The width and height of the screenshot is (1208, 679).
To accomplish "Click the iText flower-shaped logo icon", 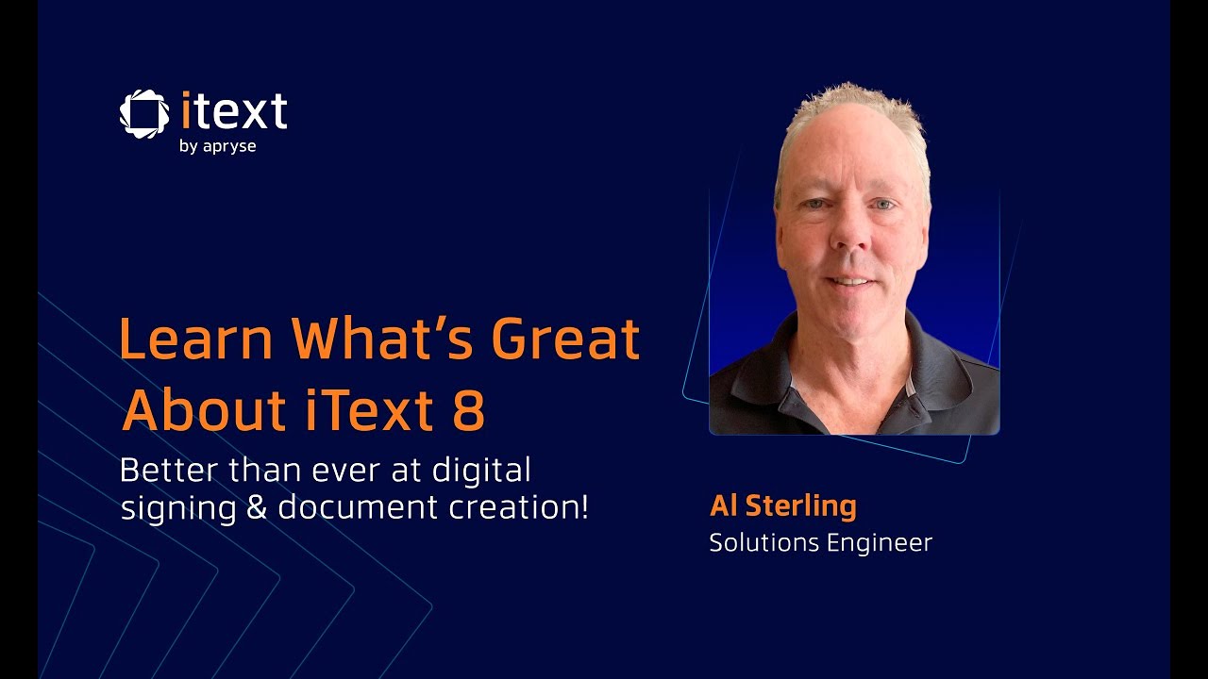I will pyautogui.click(x=144, y=113).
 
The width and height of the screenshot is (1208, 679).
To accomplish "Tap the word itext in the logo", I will pyautogui.click(x=233, y=111).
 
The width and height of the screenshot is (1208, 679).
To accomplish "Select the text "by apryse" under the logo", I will pyautogui.click(x=217, y=146).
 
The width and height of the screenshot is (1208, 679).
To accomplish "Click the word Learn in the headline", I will pyautogui.click(x=196, y=339).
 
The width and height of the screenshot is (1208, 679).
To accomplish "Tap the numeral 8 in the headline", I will pyautogui.click(x=469, y=410).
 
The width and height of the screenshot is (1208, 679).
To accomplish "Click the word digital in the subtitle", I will pyautogui.click(x=494, y=469).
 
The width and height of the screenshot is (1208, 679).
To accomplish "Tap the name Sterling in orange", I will pyautogui.click(x=801, y=506).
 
